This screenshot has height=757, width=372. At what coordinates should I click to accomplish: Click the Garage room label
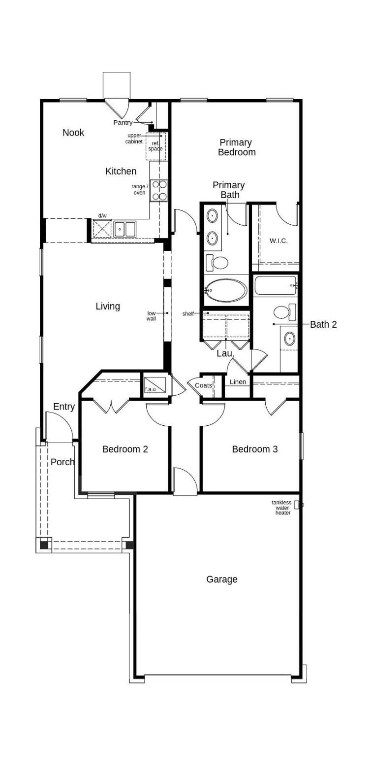tap(222, 579)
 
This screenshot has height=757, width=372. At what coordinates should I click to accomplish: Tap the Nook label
tap(73, 133)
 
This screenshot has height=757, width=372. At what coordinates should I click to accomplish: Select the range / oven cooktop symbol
tap(159, 190)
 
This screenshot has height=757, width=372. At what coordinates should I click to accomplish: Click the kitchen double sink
tap(124, 229)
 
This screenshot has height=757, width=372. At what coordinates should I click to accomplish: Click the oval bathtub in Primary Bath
tap(226, 290)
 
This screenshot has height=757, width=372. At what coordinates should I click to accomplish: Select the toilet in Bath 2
tap(284, 312)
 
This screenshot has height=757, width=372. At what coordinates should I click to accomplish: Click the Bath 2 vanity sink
tap(290, 339)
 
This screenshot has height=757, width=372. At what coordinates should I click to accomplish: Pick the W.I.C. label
tap(279, 241)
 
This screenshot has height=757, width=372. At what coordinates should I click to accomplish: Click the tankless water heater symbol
tap(297, 505)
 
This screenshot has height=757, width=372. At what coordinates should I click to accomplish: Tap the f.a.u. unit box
tap(155, 385)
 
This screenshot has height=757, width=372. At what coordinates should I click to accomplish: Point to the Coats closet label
tap(204, 385)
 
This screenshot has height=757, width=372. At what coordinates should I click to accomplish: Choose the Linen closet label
tap(238, 382)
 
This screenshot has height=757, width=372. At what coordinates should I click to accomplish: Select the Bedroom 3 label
tap(255, 449)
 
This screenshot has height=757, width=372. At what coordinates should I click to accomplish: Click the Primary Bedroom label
tap(236, 147)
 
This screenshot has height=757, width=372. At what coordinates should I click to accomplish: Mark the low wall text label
tap(151, 316)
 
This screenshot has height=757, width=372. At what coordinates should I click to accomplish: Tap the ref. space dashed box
tap(156, 146)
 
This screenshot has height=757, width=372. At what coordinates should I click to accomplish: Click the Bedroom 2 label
tap(125, 449)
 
